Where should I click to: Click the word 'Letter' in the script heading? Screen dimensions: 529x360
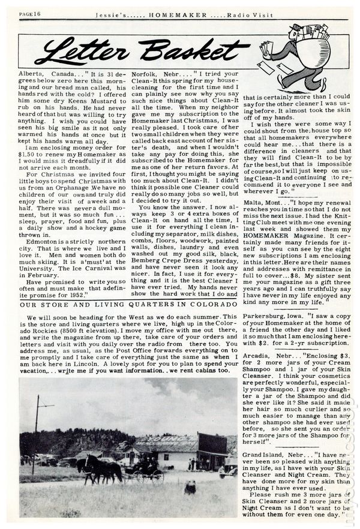pos(78,50)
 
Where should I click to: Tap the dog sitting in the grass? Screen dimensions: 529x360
pos(191,486)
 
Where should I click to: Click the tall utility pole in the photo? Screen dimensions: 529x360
pos(36,426)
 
